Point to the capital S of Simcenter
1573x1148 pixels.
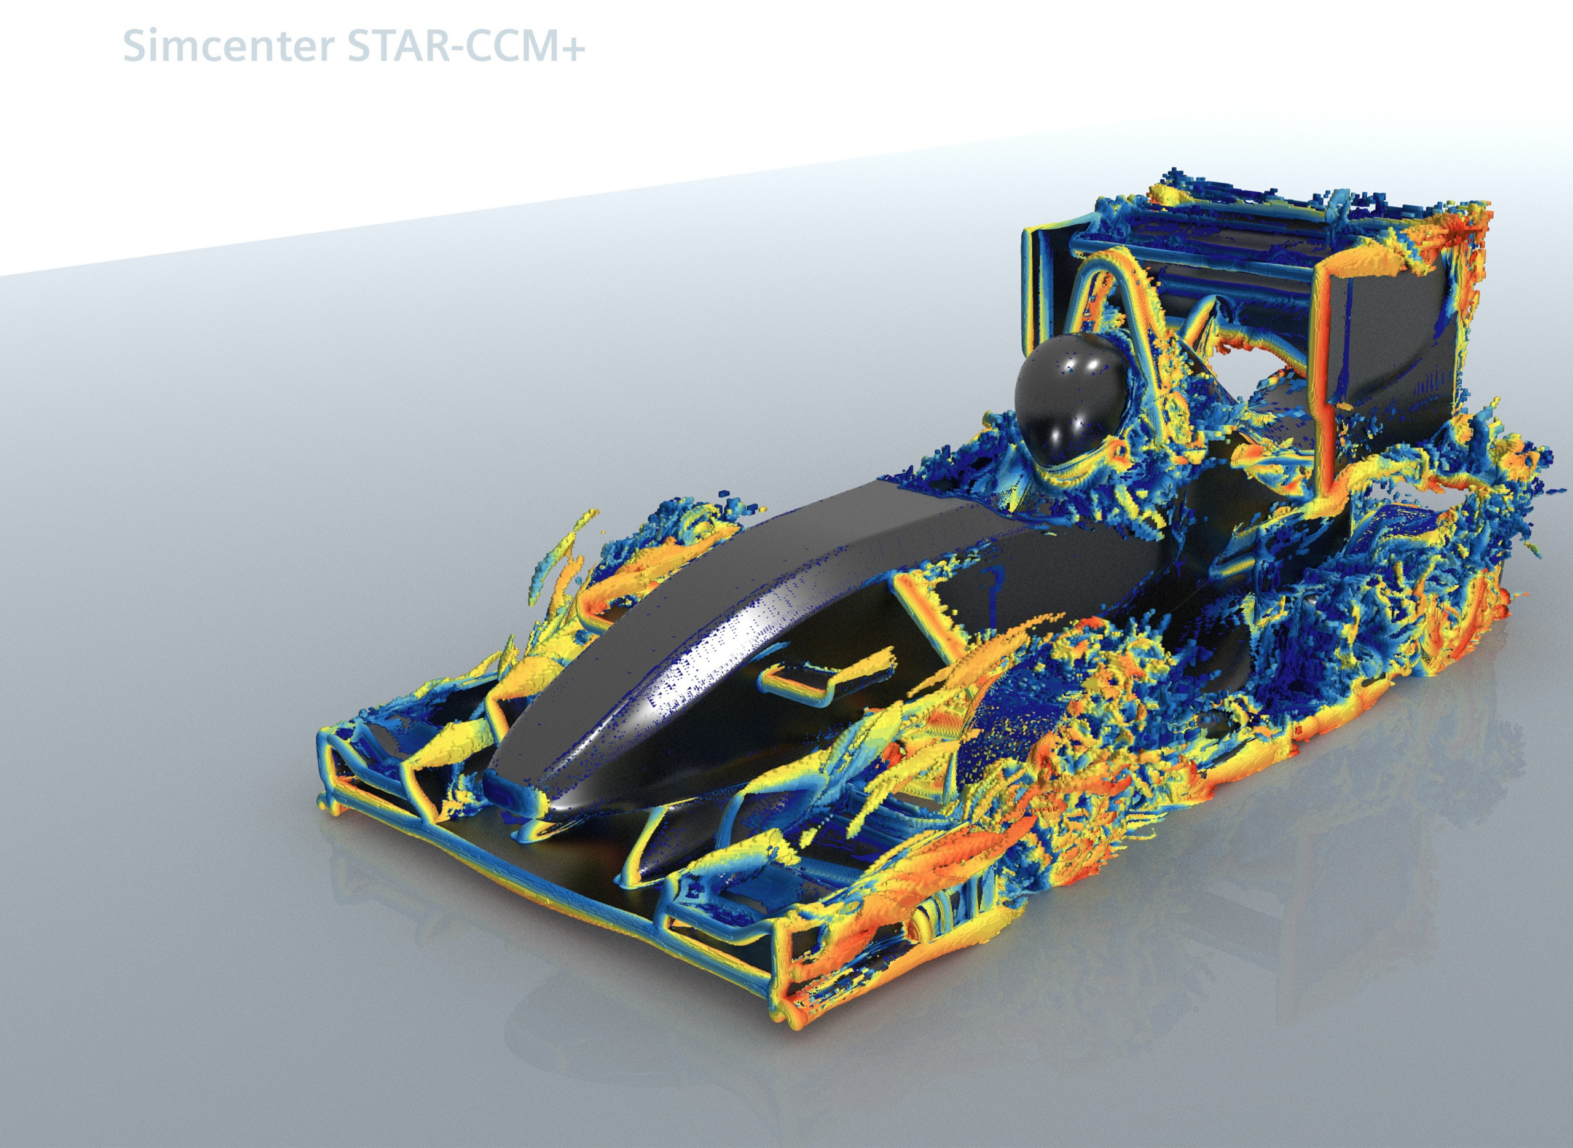[x=135, y=47]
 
